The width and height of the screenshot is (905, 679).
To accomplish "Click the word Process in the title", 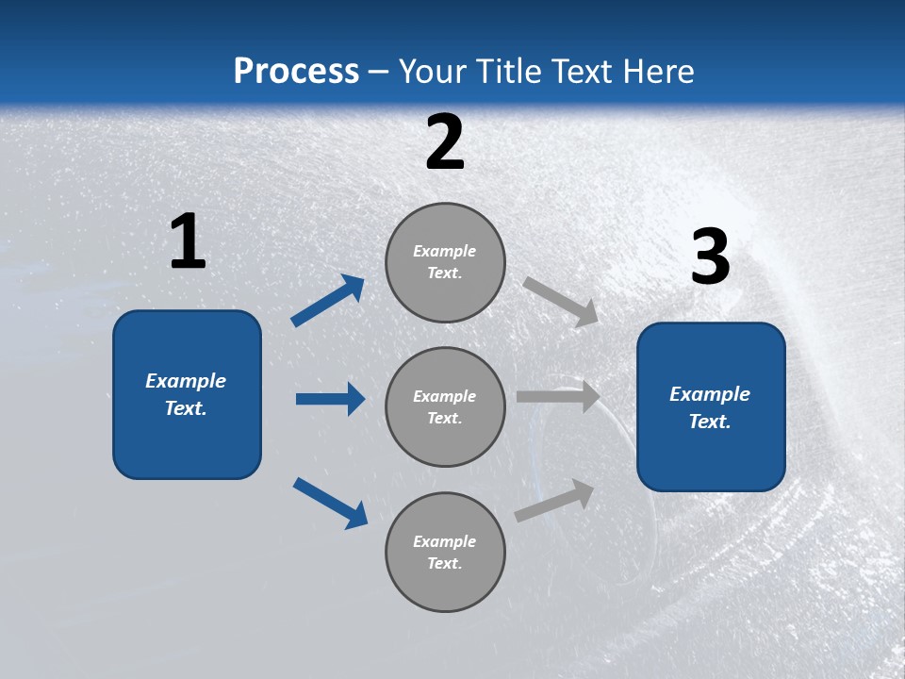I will tap(296, 71).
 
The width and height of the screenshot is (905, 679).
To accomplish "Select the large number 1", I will tap(188, 242).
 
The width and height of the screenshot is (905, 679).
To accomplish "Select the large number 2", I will tap(445, 142).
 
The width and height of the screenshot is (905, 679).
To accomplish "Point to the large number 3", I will tap(710, 257).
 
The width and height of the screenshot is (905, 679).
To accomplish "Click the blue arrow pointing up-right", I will tap(328, 301).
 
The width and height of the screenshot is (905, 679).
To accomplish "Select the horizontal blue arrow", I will tap(330, 399).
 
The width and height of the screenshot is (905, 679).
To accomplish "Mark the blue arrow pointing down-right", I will tap(331, 503).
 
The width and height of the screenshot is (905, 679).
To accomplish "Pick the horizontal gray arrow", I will tap(558, 397).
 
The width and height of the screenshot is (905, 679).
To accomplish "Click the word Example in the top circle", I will tap(444, 251).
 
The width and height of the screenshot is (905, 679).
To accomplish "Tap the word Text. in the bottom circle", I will tap(444, 563).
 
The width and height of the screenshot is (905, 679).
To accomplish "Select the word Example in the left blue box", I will tap(186, 381).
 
